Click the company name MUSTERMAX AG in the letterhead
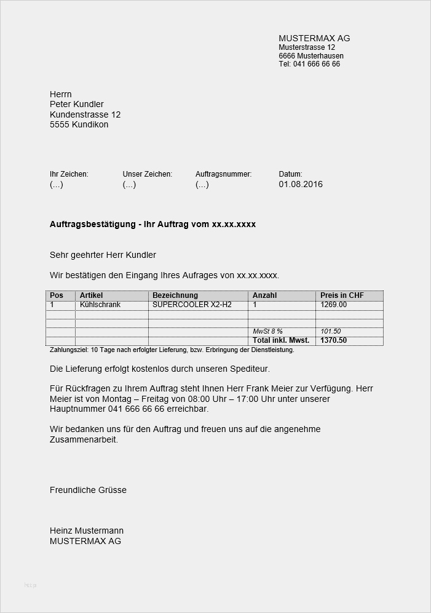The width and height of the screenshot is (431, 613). pos(314,38)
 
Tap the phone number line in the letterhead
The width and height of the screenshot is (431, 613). pos(309,64)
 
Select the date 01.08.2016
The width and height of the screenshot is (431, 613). pos(301,184)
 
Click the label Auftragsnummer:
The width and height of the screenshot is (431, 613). pos(224,174)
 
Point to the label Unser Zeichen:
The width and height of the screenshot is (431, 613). pos(148,174)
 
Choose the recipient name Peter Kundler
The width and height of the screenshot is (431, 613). pos(77,104)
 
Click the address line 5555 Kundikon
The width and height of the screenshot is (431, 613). pos(79,124)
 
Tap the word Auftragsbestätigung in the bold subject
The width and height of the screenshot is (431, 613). pos(93,225)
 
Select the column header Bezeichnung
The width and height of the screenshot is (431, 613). pos(175,295)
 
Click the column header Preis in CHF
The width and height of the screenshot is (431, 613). pos(342,295)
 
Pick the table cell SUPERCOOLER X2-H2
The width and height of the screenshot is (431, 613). pos(192,305)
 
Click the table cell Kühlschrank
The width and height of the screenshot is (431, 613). pos(100,305)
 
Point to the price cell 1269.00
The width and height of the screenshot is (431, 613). pos(334,305)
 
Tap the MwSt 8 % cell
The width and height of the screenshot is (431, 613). pos(267,332)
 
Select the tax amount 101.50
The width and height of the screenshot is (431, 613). pos(331,332)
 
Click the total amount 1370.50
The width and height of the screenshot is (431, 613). pos(334,340)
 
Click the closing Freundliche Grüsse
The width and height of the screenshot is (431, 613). pos(88,490)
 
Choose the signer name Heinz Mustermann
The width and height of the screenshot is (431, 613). pos(87,531)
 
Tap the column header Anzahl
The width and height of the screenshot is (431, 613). pos(265,295)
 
